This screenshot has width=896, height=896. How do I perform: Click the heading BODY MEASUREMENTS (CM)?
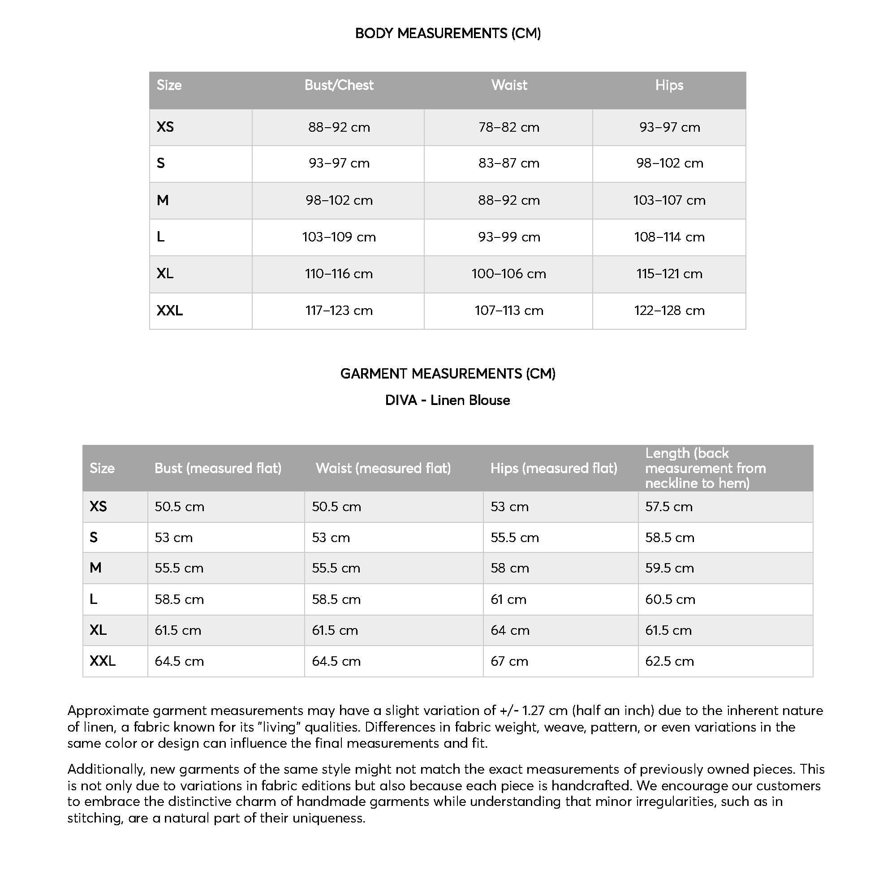point(448,34)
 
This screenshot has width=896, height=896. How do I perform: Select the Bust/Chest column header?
point(339,85)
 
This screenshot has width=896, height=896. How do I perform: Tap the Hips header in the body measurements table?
point(669,85)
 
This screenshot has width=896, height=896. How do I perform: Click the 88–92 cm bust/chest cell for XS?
point(339,127)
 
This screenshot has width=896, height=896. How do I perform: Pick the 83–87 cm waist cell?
point(509,163)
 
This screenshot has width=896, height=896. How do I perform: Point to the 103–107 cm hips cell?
point(669,200)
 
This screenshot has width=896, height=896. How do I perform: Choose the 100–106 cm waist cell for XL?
point(509,274)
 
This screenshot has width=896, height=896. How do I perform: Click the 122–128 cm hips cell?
point(669,310)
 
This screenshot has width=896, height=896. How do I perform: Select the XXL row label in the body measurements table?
point(170,310)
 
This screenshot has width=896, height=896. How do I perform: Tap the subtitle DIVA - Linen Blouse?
point(448,400)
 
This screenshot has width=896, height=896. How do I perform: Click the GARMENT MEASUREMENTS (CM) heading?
point(448,374)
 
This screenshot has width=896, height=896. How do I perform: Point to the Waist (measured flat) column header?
point(383,469)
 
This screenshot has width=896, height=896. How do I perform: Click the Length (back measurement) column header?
point(705,469)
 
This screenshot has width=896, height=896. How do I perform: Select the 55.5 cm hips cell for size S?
point(515,538)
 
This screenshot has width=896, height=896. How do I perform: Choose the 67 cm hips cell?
point(509,661)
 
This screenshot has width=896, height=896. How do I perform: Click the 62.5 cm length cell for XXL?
point(669,661)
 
